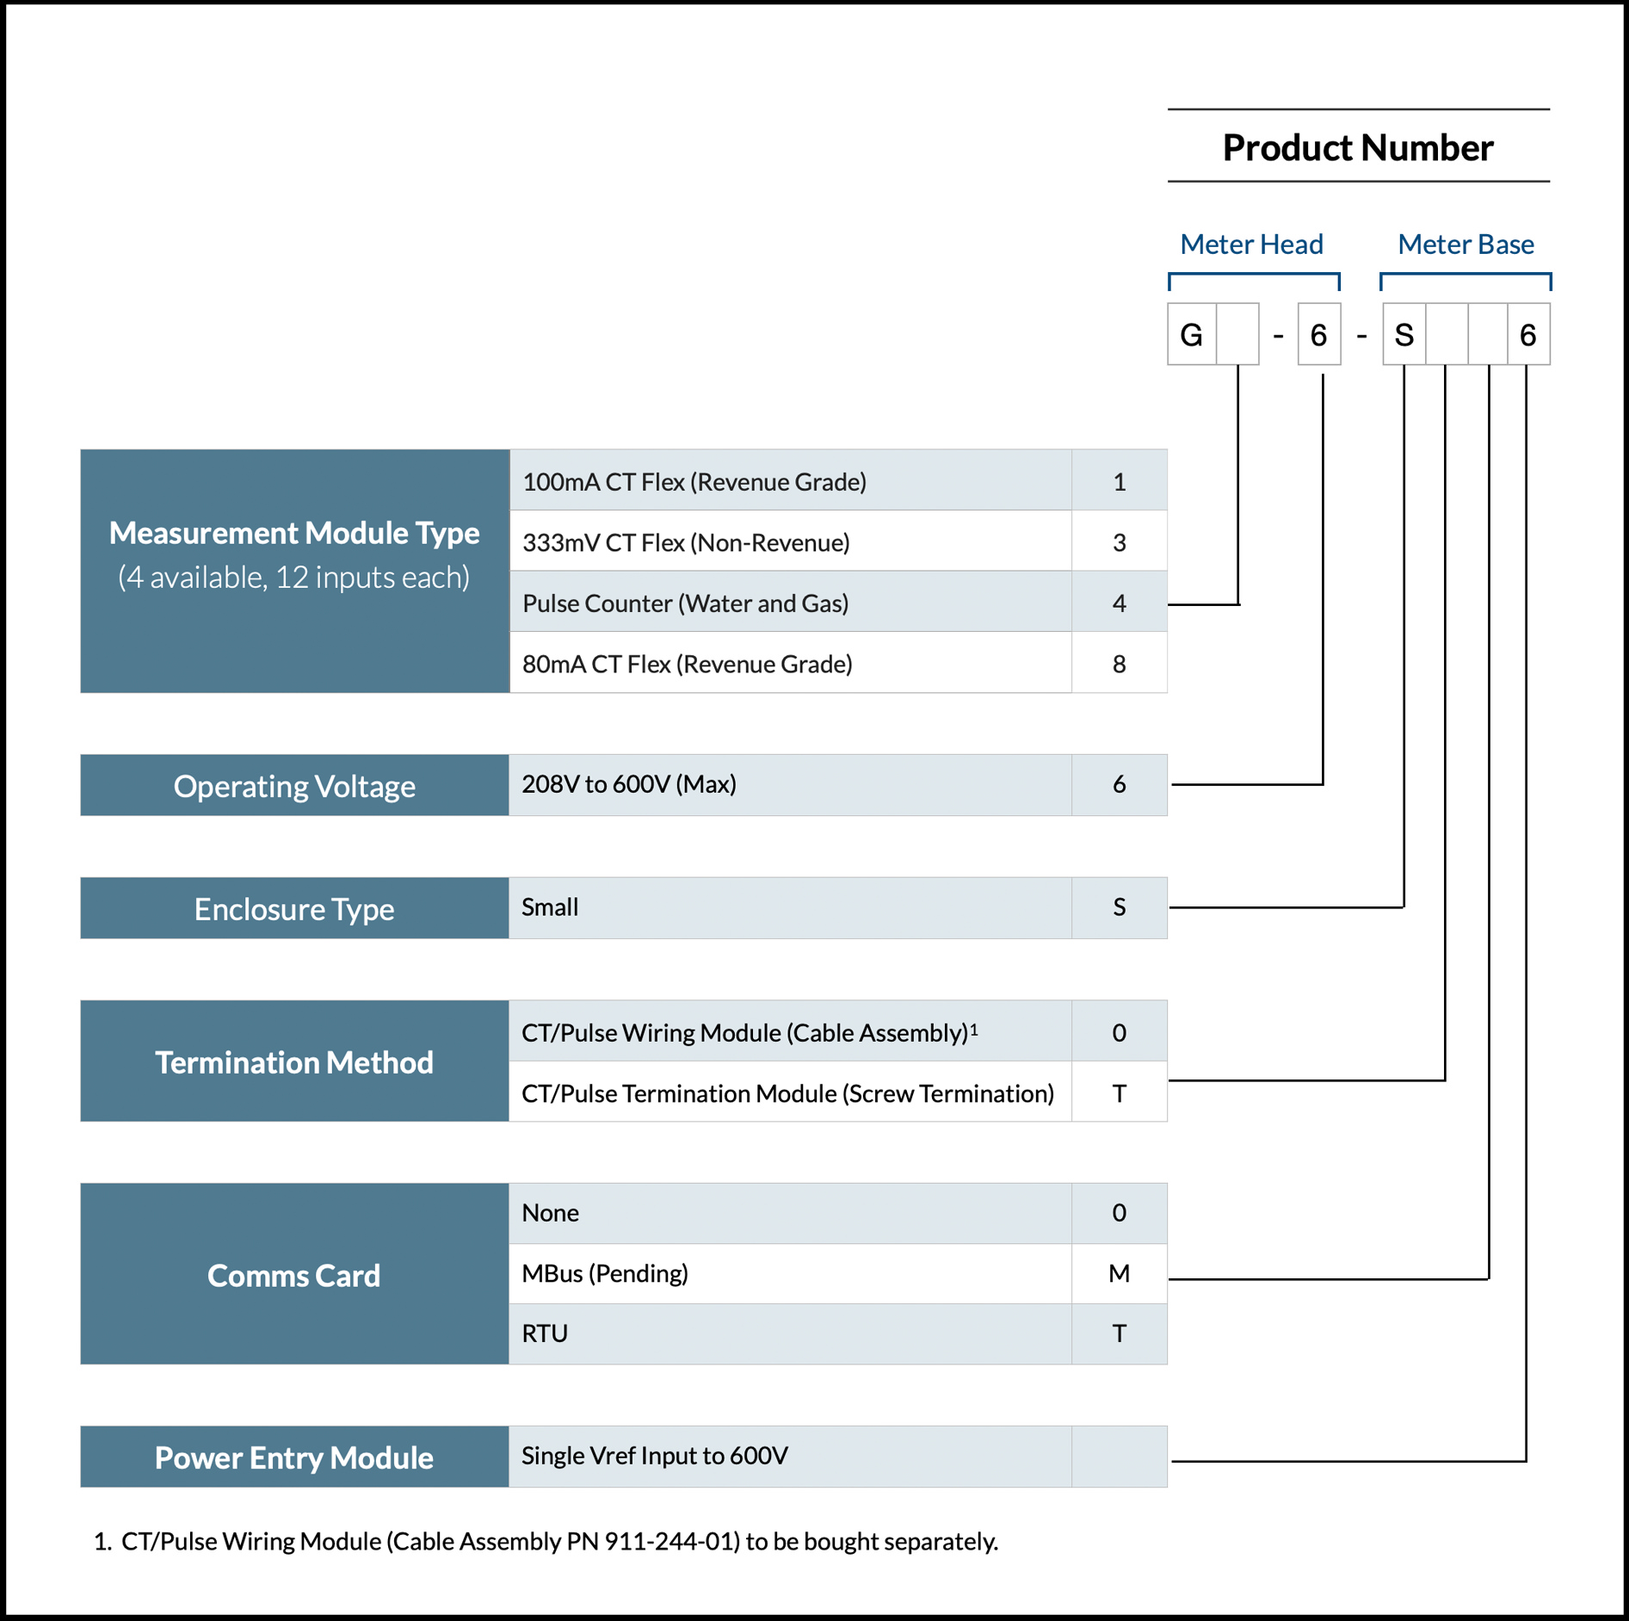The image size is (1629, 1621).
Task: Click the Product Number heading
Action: pos(1357,147)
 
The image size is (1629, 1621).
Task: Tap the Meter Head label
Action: pos(1250,244)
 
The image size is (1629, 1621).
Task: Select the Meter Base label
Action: pos(1465,244)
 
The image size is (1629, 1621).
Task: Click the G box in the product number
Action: pos(1191,335)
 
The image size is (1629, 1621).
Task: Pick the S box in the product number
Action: pos(1404,335)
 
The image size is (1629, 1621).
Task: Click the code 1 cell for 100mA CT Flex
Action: pos(1119,481)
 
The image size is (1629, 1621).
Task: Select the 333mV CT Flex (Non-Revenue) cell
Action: pos(789,542)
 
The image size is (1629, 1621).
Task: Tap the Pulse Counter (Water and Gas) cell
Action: pos(789,603)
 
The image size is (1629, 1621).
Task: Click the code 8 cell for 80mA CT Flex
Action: pos(1119,664)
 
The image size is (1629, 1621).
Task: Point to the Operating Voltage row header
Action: pos(294,786)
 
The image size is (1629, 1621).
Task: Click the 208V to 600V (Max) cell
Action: pos(789,784)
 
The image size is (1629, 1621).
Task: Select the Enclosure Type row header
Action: pos(294,909)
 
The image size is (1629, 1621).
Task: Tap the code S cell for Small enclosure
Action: pos(1119,907)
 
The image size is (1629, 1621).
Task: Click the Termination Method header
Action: pos(294,1062)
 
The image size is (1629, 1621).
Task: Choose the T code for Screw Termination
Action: pos(1119,1093)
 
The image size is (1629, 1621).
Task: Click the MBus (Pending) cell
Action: pos(789,1273)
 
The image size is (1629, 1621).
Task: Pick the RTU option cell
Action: pos(789,1333)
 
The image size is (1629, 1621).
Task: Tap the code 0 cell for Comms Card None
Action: pos(1119,1213)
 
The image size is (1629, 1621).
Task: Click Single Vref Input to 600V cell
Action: pos(789,1456)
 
